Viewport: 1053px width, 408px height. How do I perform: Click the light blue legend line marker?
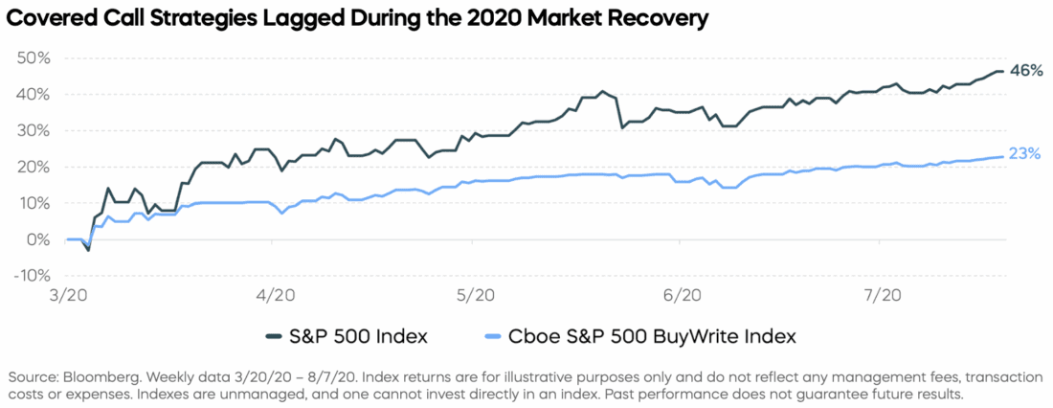tap(496, 336)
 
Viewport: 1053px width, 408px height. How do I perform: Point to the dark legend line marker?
tap(275, 336)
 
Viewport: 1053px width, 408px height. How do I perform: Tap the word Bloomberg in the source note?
tap(95, 374)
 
